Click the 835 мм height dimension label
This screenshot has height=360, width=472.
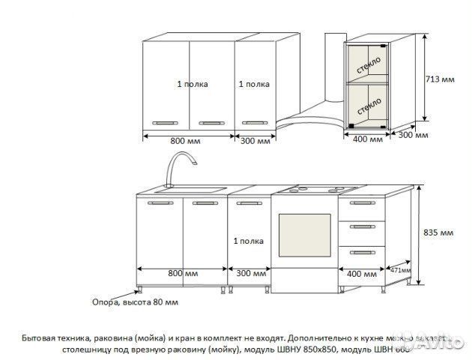click(439, 233)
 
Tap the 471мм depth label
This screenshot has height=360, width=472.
click(399, 270)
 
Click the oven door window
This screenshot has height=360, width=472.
click(303, 236)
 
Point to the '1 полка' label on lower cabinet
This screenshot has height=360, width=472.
click(247, 241)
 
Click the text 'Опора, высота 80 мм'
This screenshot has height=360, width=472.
click(136, 302)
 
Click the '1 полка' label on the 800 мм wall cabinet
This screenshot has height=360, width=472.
click(193, 84)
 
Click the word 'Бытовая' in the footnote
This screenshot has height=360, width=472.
click(40, 337)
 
